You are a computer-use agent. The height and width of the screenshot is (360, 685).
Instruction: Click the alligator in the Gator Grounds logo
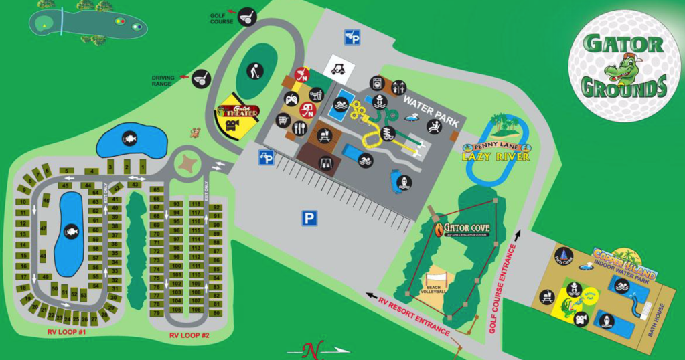pyautogui.click(x=621, y=68)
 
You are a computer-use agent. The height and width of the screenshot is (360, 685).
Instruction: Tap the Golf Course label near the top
pyautogui.click(x=222, y=17)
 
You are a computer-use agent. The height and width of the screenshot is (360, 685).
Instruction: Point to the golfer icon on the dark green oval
pyautogui.click(x=254, y=70)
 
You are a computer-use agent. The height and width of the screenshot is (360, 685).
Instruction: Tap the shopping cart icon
pyautogui.click(x=283, y=121)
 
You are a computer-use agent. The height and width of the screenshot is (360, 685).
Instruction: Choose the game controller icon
pyautogui.click(x=291, y=100)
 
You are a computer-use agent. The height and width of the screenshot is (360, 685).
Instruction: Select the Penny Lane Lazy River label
pyautogui.click(x=496, y=153)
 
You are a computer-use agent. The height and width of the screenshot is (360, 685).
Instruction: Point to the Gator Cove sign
pyautogui.click(x=462, y=229)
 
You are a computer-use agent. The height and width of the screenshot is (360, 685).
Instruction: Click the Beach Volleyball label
pyautogui.click(x=434, y=288)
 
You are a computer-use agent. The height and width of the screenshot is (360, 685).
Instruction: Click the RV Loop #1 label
pyautogui.click(x=67, y=332)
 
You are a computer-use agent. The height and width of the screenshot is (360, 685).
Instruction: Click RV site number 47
pyautogui.click(x=43, y=228)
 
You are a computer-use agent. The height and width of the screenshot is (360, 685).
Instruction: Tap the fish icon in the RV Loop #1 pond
pyautogui.click(x=70, y=232)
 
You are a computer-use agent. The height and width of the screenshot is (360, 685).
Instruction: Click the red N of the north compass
pyautogui.click(x=309, y=349)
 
